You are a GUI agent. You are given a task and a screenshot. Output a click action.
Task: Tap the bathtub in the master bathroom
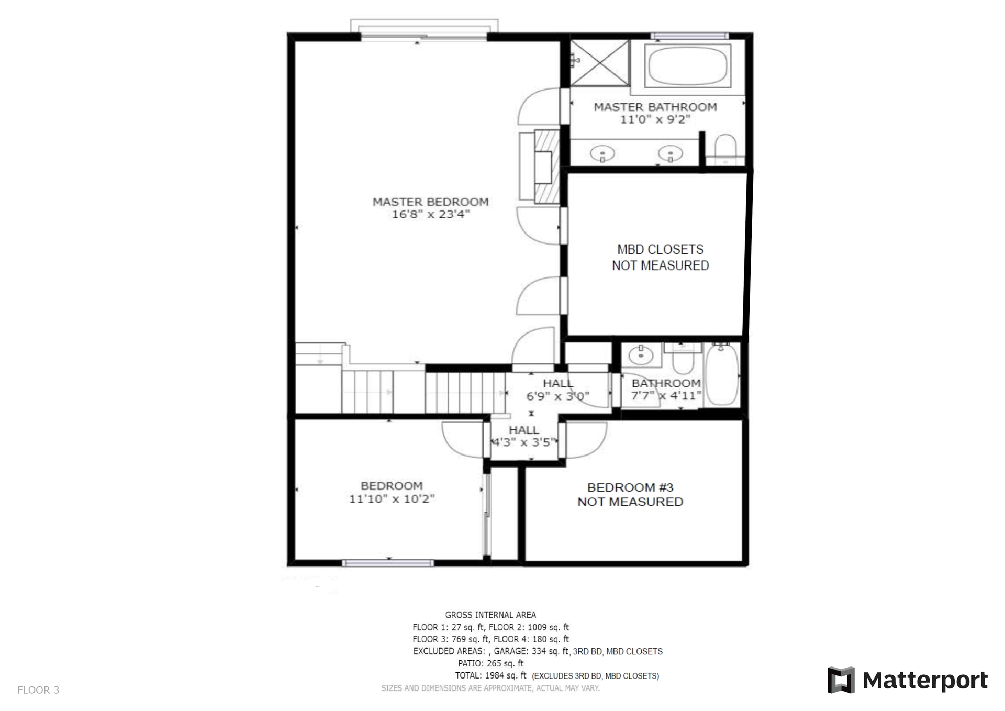point(687,66)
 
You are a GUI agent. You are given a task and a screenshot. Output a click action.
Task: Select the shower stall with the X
point(599,63)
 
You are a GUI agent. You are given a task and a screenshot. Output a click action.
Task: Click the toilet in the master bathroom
point(725,149)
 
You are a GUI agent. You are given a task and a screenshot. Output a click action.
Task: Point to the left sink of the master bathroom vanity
point(602,154)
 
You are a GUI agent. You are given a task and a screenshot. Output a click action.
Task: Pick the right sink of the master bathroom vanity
point(670,154)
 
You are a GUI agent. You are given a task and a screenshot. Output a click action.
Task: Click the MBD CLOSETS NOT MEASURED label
point(660,257)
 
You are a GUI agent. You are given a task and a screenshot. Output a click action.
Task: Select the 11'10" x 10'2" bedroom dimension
point(392,499)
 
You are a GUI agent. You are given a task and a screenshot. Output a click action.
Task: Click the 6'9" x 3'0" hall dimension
point(558,396)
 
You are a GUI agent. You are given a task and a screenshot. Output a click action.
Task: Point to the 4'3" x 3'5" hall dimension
point(523,442)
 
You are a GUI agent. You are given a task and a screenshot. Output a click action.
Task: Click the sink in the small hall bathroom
point(641,355)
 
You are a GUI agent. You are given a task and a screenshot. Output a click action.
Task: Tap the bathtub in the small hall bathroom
point(722,374)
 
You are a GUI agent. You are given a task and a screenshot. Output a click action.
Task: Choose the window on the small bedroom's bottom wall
point(388,563)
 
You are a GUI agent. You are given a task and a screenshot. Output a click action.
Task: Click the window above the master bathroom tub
point(689,36)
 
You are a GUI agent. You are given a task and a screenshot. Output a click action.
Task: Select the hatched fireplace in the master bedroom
point(547,166)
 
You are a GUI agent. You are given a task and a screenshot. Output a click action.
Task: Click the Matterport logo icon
point(841,680)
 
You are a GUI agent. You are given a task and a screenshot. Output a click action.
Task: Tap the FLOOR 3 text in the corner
point(38,690)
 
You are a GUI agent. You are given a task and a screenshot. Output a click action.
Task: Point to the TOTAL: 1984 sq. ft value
point(490,675)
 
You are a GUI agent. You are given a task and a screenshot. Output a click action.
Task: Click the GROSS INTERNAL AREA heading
point(490,615)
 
